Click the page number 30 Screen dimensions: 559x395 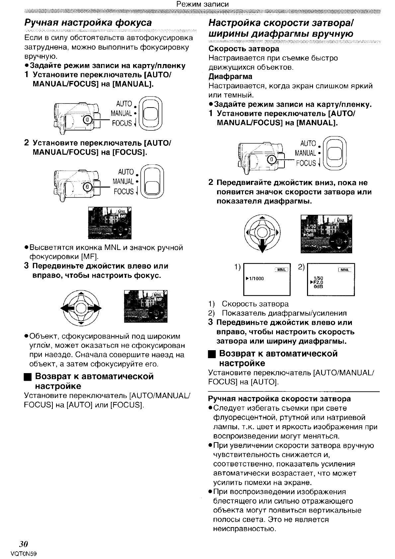(x=23, y=544)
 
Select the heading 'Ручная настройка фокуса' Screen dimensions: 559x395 (x=88, y=23)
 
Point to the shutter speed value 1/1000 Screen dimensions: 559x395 (x=256, y=279)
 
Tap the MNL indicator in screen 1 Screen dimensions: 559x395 (x=281, y=270)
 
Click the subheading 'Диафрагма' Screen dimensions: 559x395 (x=230, y=77)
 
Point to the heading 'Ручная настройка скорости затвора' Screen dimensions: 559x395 (x=279, y=398)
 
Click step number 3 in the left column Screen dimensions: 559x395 (x=27, y=266)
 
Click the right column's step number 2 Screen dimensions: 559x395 (x=211, y=183)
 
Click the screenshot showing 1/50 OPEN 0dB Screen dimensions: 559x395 (x=326, y=234)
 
